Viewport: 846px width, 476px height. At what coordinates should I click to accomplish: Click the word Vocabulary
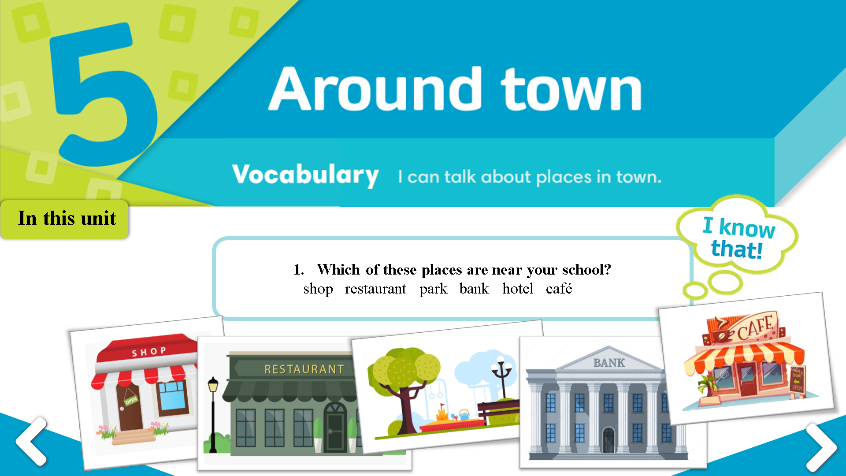click(x=305, y=175)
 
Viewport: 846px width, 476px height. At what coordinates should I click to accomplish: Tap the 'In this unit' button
click(x=65, y=219)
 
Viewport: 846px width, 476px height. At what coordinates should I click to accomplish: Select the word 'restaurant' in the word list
click(x=375, y=289)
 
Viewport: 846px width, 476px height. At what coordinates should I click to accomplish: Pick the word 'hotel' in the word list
click(x=518, y=289)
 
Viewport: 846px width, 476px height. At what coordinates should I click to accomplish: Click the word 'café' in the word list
click(x=559, y=289)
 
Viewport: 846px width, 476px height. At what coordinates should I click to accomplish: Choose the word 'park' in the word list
click(x=433, y=290)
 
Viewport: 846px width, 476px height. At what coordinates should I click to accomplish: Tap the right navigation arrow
click(x=822, y=447)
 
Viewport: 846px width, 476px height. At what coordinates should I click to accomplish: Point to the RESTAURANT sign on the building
click(x=304, y=369)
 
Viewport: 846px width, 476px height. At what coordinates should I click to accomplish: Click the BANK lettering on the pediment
click(x=609, y=363)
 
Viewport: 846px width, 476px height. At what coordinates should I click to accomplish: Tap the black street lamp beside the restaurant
click(x=213, y=414)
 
